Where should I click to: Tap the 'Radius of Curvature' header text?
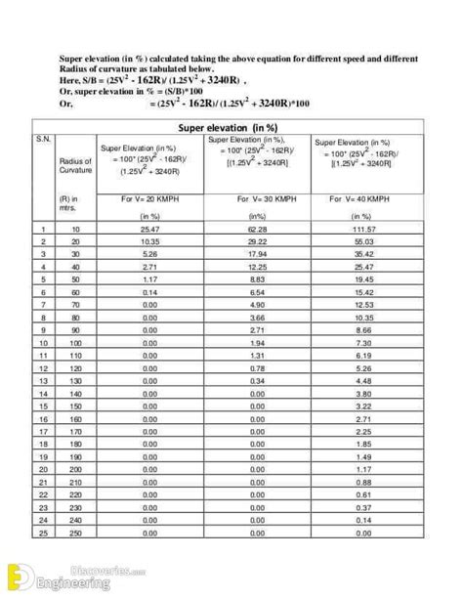click(x=74, y=165)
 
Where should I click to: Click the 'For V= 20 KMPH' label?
click(x=149, y=198)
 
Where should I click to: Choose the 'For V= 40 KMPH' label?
click(x=363, y=198)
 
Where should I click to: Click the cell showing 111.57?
click(x=363, y=229)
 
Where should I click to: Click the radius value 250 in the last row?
click(x=75, y=534)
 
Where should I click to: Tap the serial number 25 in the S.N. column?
click(x=44, y=534)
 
